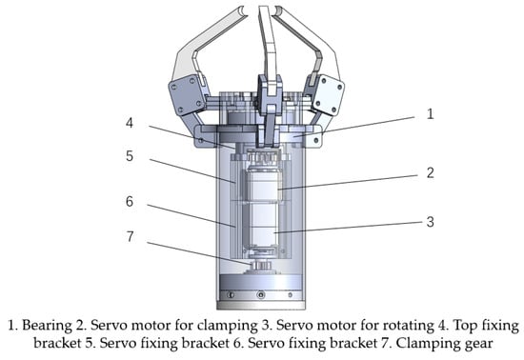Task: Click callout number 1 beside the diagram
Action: (x=431, y=114)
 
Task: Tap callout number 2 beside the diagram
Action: (x=431, y=172)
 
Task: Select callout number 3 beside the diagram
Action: (x=431, y=222)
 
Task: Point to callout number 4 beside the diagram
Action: (x=130, y=123)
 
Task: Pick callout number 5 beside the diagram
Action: (x=130, y=156)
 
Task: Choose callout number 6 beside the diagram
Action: (x=130, y=201)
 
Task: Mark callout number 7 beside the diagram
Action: (x=130, y=236)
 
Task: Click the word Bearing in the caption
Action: (x=47, y=326)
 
